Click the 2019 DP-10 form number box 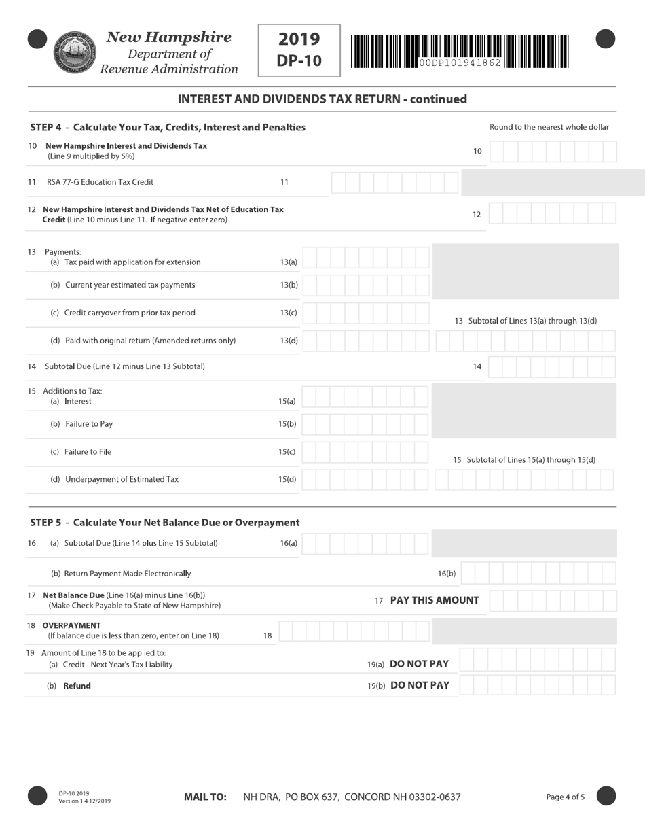tap(299, 50)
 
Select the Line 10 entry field tap(553, 152)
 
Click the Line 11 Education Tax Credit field tap(394, 183)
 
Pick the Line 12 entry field tap(552, 214)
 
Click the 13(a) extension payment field tap(365, 258)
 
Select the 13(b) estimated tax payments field tap(365, 285)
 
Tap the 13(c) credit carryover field tap(365, 313)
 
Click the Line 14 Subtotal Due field tap(552, 367)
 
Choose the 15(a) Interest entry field tap(365, 397)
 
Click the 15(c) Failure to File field tap(365, 453)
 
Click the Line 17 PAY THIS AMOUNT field tap(553, 601)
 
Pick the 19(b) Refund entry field tap(537, 685)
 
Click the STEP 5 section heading tap(165, 523)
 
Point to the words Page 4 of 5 tap(565, 797)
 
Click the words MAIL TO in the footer tap(205, 797)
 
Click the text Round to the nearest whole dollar tap(549, 127)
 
